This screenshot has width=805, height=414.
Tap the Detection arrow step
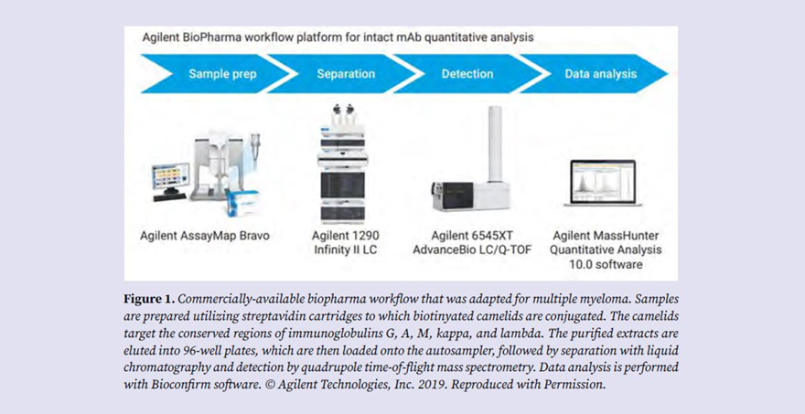tap(467, 73)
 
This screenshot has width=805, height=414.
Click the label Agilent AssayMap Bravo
tap(205, 236)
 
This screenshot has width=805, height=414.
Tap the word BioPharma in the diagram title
tap(211, 39)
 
